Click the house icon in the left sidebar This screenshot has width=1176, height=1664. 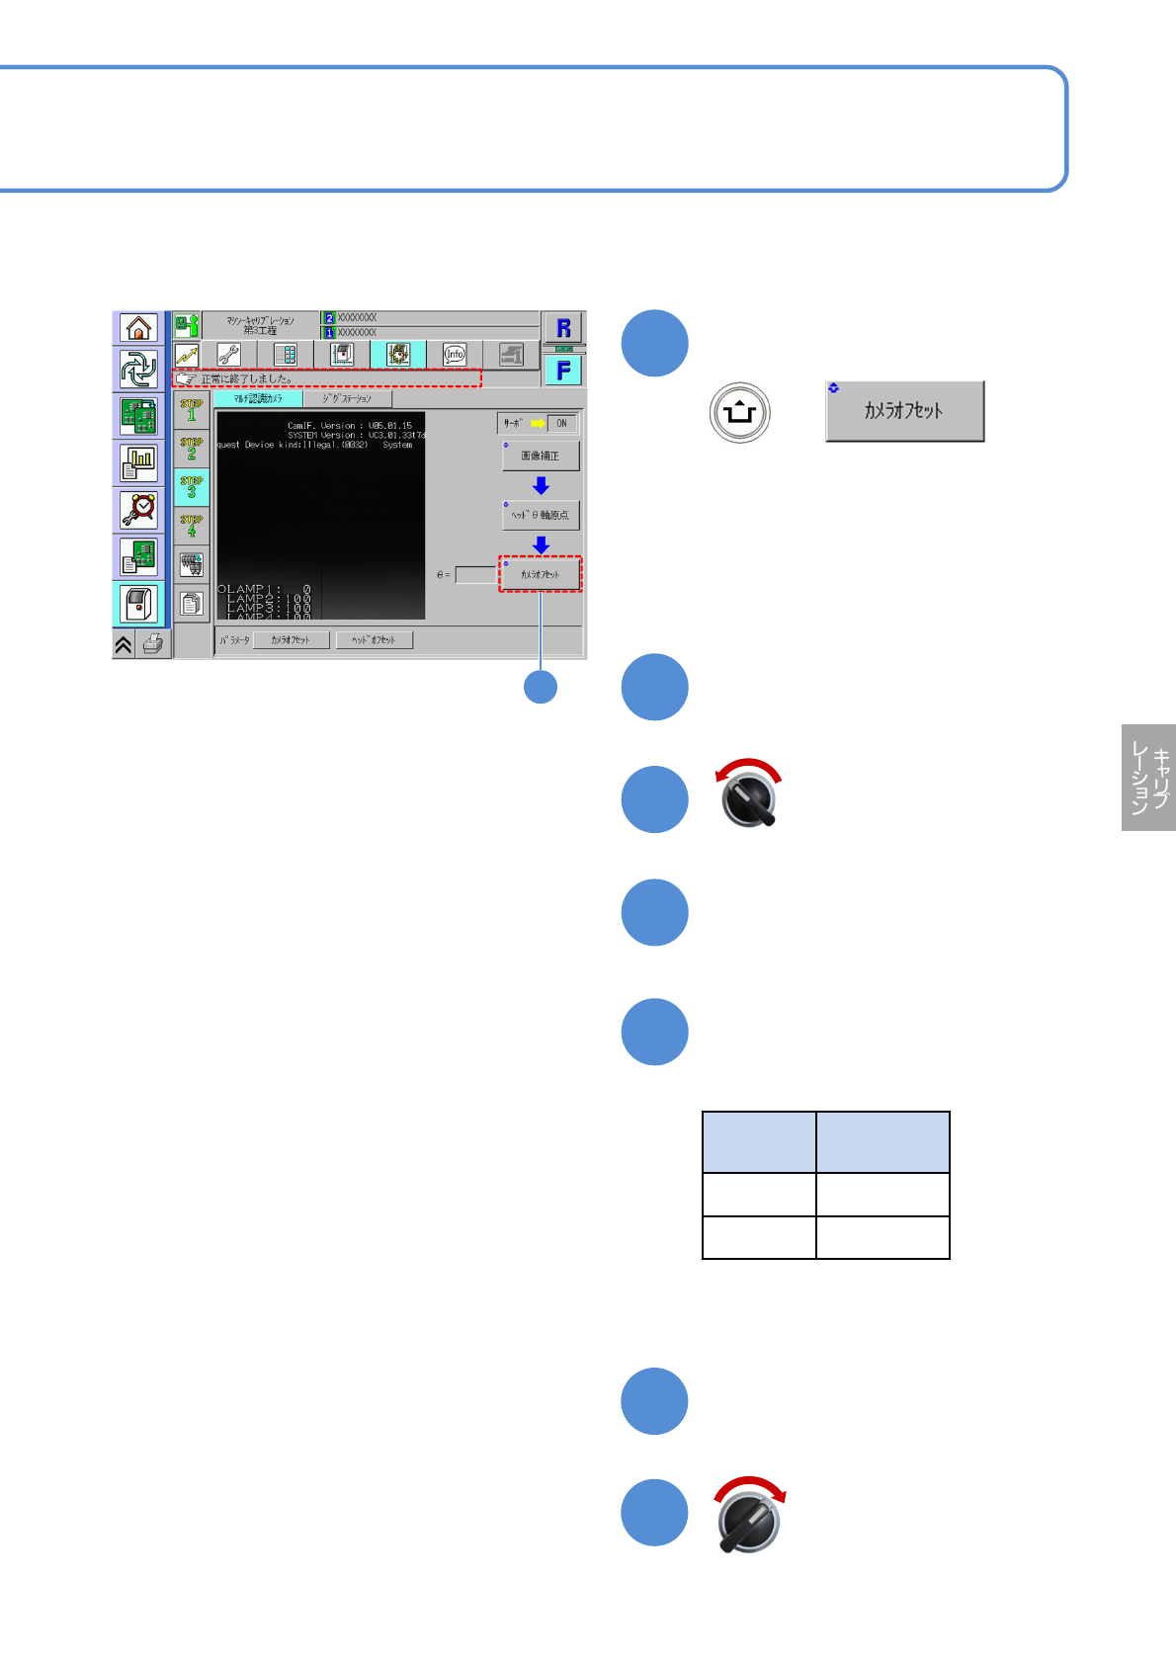pos(138,327)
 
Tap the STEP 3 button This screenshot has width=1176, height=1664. pos(192,487)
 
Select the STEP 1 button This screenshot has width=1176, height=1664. pos(192,410)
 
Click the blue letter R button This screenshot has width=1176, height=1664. pos(563,328)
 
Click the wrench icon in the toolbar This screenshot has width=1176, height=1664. pos(229,354)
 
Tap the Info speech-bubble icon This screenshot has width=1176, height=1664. pos(454,354)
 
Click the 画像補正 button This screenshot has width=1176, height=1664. pos(541,456)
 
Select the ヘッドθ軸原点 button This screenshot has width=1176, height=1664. pos(541,515)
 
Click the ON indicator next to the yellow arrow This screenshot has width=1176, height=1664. pos(561,423)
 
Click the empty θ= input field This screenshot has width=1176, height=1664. pos(475,574)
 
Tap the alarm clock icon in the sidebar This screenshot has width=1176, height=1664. pos(138,509)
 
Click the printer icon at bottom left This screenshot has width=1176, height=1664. pos(153,645)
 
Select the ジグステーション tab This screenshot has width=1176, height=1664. pos(347,398)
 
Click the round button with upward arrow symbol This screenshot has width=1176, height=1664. pos(739,412)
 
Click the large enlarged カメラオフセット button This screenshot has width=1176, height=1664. pos(904,411)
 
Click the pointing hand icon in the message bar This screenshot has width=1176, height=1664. pos(186,378)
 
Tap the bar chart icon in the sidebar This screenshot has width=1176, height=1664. pos(138,461)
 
